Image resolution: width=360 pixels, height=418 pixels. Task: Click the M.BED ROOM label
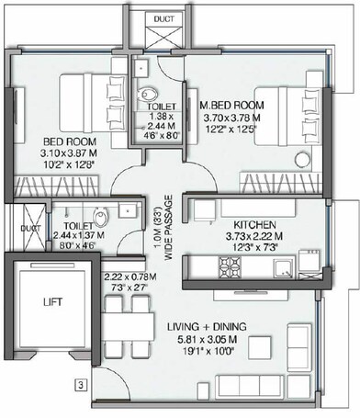[233, 105]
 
